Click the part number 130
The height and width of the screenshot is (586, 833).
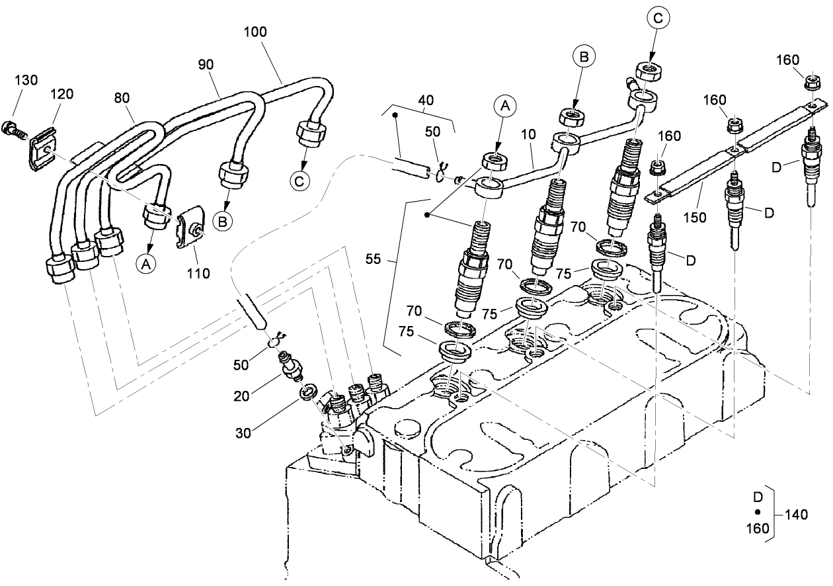pyautogui.click(x=26, y=80)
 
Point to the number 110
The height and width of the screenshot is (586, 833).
pyautogui.click(x=198, y=272)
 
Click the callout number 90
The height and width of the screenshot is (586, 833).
pyautogui.click(x=206, y=64)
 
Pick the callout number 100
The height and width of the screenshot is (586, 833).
pyautogui.click(x=255, y=31)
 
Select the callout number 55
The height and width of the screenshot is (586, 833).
pyautogui.click(x=373, y=260)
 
